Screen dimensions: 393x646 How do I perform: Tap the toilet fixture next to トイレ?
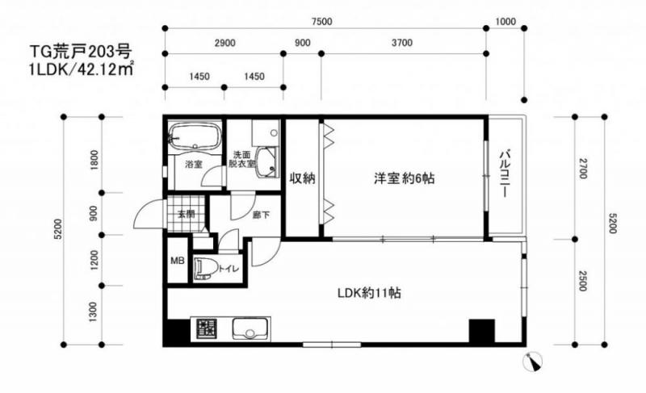pyautogui.click(x=207, y=268)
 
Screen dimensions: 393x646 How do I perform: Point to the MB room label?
pyautogui.click(x=178, y=261)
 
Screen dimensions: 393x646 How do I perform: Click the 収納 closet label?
pyautogui.click(x=302, y=178)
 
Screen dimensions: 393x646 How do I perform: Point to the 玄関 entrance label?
pyautogui.click(x=187, y=214)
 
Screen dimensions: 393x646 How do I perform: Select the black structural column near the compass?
pyautogui.click(x=481, y=331)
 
